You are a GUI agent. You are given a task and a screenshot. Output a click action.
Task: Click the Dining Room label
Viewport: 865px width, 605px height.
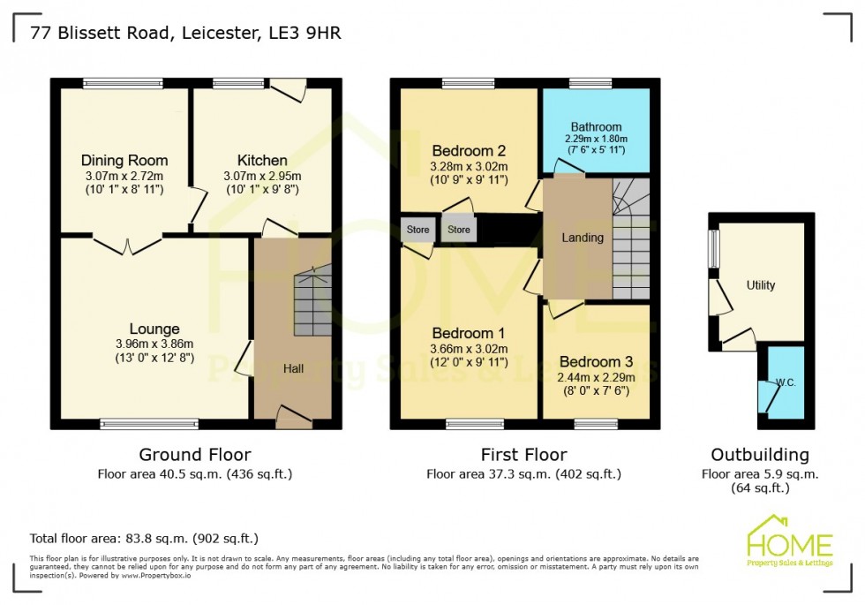124,161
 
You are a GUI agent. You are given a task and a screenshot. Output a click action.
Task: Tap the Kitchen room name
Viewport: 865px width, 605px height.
262,161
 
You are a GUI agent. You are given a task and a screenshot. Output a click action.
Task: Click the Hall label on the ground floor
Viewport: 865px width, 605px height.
293,368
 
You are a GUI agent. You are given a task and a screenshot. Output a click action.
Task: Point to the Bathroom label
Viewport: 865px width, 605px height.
596,126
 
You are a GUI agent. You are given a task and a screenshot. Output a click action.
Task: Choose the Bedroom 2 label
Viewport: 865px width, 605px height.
469,149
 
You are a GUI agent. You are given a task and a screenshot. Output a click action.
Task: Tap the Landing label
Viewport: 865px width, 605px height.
583,238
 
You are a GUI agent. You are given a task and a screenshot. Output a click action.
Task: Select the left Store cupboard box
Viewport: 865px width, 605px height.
417,230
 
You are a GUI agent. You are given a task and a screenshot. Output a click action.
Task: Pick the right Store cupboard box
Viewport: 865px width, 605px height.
458,230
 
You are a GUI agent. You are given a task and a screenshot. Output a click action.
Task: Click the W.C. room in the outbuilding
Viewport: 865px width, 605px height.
785,383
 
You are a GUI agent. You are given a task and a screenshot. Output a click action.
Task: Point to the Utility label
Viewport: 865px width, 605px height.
761,285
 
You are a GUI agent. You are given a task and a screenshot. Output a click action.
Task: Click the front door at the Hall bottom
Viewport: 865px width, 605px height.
294,417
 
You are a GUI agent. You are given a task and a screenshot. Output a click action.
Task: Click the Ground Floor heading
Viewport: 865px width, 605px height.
194,455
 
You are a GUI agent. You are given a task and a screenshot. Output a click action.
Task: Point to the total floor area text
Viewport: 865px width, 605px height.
144,538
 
